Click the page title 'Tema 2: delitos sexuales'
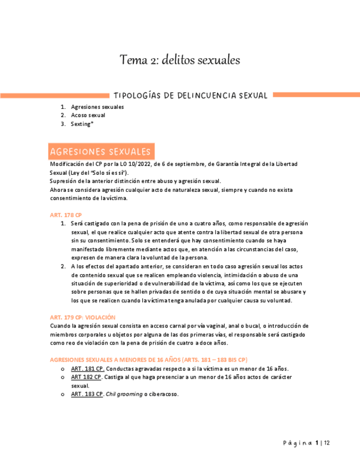[x=180, y=59]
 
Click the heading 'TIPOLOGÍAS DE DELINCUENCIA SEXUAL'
[x=190, y=96]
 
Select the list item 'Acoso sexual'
[x=88, y=115]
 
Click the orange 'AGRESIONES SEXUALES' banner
[x=101, y=151]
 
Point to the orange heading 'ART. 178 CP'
[x=65, y=214]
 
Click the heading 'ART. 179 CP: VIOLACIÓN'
[x=82, y=317]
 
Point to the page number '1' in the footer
[x=317, y=443]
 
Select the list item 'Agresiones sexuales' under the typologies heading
[x=97, y=107]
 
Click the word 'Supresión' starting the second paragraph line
[x=64, y=181]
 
